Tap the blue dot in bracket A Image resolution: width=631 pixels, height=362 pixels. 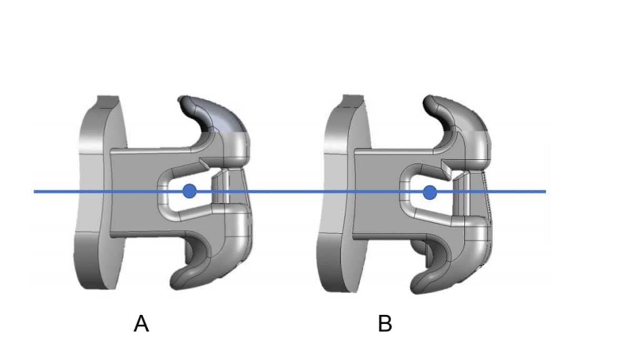190,191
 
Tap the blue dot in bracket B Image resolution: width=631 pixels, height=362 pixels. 430,192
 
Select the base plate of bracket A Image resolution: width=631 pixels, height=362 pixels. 95,192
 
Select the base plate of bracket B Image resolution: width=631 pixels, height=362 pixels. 339,192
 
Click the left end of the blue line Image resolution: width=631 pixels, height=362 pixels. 35,192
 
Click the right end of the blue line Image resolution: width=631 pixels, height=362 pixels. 545,192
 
